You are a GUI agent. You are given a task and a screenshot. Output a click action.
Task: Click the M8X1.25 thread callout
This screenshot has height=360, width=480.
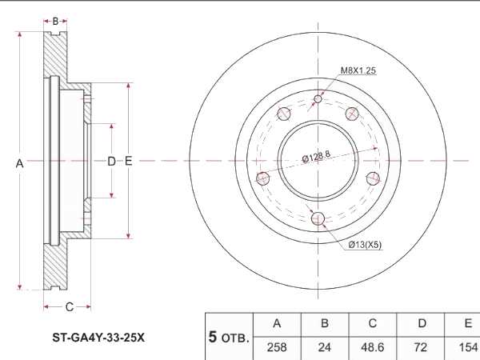point(358,71)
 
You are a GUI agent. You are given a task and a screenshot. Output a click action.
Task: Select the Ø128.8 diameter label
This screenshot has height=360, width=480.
point(317,158)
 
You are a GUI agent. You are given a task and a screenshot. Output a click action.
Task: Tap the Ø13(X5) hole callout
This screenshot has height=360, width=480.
point(365,245)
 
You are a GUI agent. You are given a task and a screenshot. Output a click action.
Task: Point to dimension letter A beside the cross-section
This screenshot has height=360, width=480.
point(19,162)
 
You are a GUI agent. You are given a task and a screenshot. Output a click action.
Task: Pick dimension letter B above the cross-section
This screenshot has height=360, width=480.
point(55,21)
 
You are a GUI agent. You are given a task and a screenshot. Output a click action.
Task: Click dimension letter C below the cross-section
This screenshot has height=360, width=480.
point(70,306)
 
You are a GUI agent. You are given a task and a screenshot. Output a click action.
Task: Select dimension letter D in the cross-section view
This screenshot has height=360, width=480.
point(111,162)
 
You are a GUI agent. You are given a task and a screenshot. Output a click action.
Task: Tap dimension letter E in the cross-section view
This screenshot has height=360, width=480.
point(128,162)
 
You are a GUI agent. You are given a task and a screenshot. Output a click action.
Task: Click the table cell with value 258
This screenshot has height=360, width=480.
point(277,348)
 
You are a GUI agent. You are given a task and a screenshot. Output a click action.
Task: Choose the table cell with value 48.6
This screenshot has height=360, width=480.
point(372,348)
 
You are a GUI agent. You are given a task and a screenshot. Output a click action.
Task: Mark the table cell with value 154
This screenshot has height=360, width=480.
point(465,348)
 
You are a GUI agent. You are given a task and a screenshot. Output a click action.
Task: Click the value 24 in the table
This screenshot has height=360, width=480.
point(325,348)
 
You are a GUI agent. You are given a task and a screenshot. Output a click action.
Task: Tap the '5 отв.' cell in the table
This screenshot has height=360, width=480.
point(229,337)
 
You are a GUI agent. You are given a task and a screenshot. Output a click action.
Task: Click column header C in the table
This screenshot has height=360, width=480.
point(372,324)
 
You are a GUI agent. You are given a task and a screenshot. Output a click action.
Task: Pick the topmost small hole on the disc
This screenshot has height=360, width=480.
point(318,99)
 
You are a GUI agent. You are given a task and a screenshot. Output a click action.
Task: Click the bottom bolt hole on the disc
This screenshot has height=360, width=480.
point(318,218)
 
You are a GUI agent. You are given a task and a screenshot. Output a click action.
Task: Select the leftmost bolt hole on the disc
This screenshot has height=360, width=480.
point(261,178)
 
